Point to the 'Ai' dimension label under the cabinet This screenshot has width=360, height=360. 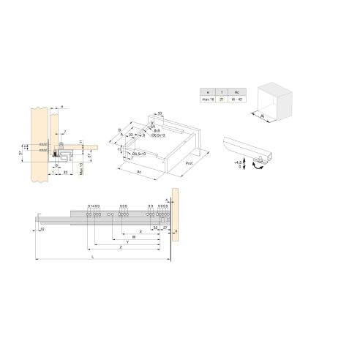click(262, 115)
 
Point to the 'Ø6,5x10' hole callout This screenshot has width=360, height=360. click(139, 154)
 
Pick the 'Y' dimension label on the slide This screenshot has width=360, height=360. click(129, 242)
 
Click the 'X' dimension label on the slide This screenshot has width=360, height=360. click(140, 230)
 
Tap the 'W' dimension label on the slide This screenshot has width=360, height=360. click(134, 236)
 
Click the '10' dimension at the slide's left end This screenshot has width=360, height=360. click(42, 230)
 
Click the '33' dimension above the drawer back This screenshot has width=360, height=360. click(160, 113)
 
